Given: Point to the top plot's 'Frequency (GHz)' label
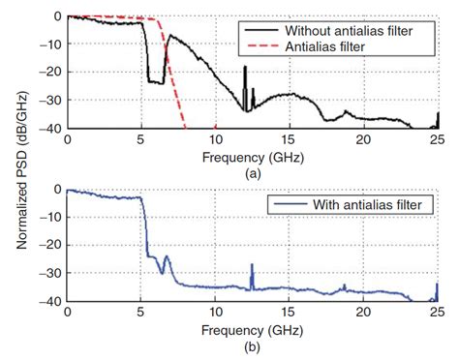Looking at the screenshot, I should click(252, 155).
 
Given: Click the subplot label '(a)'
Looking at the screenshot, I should click(252, 170).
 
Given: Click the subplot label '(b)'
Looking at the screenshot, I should click(252, 345).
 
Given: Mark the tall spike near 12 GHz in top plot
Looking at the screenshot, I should click(246, 70).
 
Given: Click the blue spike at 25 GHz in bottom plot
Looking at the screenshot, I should click(437, 285).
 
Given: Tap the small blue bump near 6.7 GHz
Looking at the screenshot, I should click(167, 257).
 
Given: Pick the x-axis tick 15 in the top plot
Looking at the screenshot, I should click(289, 139).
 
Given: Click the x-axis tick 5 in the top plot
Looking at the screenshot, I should click(141, 139).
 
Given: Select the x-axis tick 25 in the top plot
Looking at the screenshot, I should click(437, 139).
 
